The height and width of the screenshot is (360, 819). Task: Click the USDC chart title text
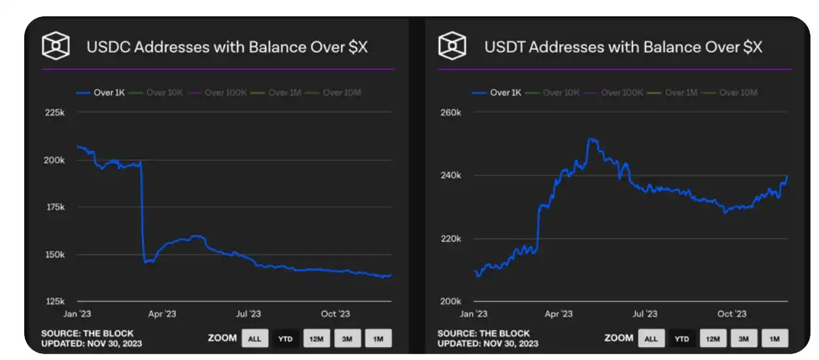227,47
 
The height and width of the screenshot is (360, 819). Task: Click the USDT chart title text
623,47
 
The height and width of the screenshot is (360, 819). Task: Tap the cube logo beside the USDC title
56,46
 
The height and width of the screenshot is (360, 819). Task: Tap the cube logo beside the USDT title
452,46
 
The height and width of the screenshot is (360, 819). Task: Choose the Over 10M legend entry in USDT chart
738,93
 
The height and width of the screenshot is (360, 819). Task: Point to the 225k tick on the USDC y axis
54,113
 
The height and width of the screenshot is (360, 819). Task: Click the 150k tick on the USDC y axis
54,255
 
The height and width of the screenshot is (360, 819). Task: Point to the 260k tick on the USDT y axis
450,113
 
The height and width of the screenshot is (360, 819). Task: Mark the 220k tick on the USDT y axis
450,239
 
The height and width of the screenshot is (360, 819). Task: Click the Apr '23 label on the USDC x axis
162,314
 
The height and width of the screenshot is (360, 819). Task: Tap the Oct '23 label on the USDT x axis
731,314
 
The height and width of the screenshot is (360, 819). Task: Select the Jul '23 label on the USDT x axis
645,314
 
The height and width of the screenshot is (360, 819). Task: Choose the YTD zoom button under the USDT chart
682,338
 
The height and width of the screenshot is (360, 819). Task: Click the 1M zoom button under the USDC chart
378,338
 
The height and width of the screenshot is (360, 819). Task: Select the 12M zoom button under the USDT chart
712,338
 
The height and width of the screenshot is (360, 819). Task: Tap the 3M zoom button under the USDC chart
347,338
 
